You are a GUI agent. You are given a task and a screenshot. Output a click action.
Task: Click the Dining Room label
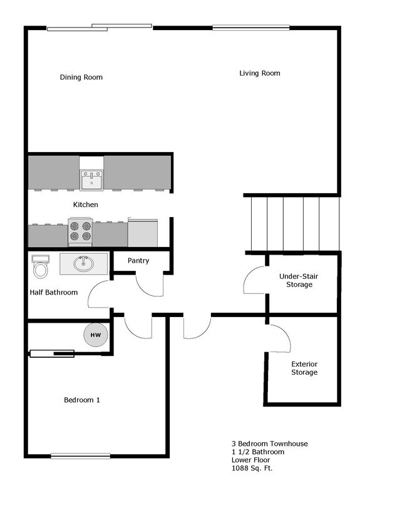point(81,78)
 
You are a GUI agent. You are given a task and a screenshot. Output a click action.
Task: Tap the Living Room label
point(259,73)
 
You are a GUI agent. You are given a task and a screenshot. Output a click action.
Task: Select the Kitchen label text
point(86,205)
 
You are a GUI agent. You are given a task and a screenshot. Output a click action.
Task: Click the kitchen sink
point(91,181)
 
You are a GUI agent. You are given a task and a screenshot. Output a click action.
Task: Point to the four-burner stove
point(80,232)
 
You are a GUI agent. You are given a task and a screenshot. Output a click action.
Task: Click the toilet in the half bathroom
point(41,267)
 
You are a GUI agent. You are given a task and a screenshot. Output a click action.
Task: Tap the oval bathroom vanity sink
point(83,264)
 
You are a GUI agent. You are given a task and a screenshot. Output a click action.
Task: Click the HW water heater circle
point(96,335)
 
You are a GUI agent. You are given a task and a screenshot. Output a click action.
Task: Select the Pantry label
point(138,261)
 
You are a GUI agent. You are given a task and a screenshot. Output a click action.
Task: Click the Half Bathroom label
point(54,292)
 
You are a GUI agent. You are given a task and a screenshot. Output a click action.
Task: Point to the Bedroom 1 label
point(82,400)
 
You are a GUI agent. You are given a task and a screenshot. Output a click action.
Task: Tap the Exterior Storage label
point(304,368)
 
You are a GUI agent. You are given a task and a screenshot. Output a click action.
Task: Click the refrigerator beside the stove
point(143,232)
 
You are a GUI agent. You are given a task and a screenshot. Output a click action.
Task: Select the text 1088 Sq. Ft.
point(252,468)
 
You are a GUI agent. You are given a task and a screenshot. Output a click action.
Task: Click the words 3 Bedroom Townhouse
point(269,444)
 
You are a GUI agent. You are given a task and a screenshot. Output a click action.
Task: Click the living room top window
point(250,27)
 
